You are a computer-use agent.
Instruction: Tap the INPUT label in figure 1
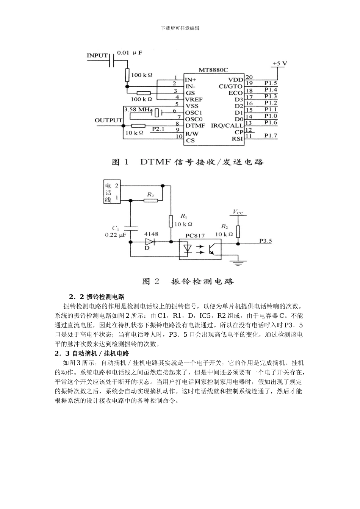tap(97, 56)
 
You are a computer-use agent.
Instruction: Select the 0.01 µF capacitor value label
tap(130, 53)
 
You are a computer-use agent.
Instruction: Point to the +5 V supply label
tap(280, 64)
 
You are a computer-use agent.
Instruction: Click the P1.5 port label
tap(271, 83)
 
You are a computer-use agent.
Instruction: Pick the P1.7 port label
tap(271, 135)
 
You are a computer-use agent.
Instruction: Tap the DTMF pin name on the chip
tap(195, 125)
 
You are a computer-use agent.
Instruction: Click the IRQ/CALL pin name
tap(227, 125)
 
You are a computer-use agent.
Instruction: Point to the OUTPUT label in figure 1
tap(108, 120)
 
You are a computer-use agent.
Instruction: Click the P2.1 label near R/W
tap(158, 129)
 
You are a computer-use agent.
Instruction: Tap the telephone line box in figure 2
tap(112, 192)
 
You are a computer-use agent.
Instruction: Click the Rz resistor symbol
tap(150, 201)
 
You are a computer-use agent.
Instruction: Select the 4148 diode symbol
tap(151, 242)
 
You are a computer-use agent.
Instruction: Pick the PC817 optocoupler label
tap(195, 235)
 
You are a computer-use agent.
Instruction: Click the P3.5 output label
tap(266, 240)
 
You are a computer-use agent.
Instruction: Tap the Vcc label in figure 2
tap(238, 212)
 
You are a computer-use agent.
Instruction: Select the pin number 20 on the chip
tap(249, 77)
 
